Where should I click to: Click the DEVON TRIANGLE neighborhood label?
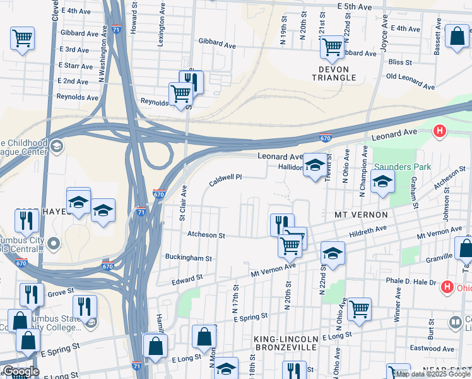pos(334,72)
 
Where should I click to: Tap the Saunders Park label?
pos(402,167)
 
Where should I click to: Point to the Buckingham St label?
pos(188,258)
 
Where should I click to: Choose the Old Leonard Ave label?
pos(410,81)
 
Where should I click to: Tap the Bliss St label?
pos(400,63)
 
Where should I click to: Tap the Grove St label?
pos(61,293)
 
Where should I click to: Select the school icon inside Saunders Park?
pos(382,181)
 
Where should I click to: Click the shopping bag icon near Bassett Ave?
pos(456,36)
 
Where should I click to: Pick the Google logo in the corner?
pos(21,372)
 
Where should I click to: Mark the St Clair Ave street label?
pos(183,203)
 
